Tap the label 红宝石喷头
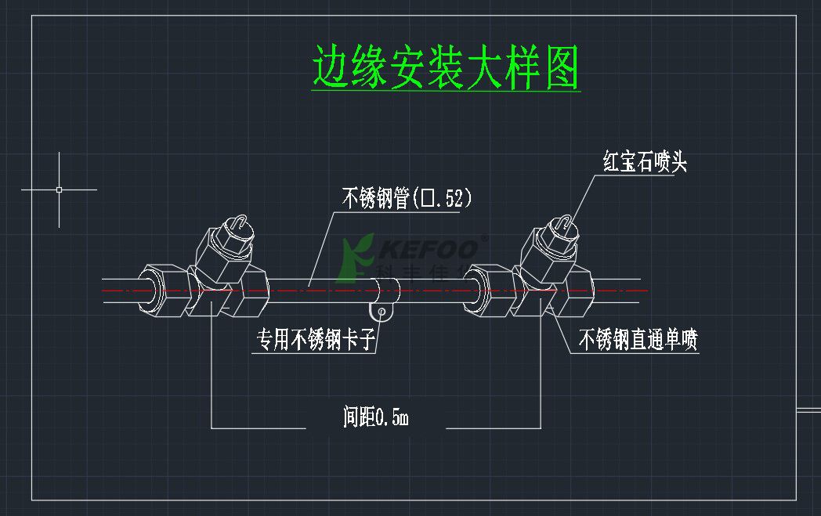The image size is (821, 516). (645, 163)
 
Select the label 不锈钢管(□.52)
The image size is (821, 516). (407, 199)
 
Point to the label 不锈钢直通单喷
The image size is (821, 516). (638, 340)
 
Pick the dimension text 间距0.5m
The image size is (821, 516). (376, 417)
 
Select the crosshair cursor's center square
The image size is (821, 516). (60, 189)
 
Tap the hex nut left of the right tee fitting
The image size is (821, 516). (490, 290)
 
